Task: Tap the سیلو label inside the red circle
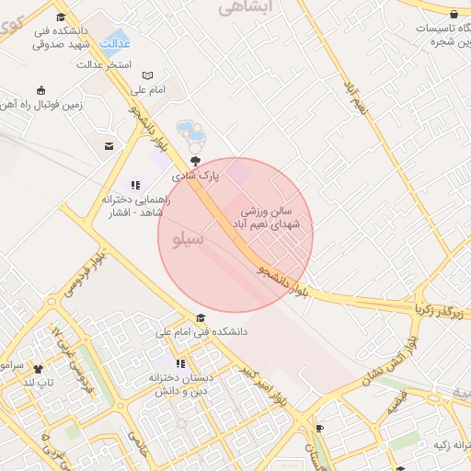click(x=187, y=240)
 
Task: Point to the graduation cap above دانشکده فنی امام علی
click(x=201, y=317)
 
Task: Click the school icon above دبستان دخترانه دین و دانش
click(x=181, y=363)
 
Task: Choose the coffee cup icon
click(x=319, y=428)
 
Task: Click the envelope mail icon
click(x=109, y=146)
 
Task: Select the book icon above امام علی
click(x=147, y=75)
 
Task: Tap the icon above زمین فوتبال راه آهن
click(x=40, y=90)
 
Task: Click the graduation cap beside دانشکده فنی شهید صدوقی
click(x=61, y=17)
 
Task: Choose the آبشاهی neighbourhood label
click(x=241, y=8)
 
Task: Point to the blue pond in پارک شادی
click(x=187, y=128)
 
